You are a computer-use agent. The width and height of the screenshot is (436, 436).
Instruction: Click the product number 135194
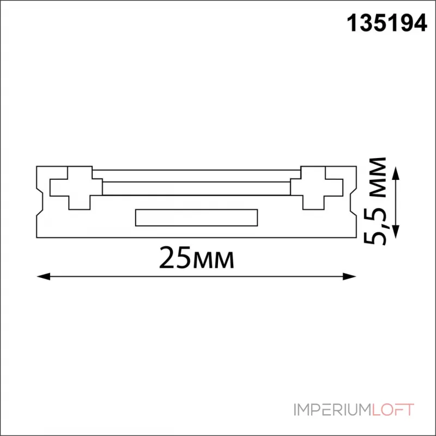click(387, 23)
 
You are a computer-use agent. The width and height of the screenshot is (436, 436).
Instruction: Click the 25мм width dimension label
click(197, 258)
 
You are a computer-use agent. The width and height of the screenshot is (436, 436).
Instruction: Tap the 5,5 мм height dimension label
click(375, 201)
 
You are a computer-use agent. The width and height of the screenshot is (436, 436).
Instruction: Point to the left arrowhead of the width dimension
click(44, 276)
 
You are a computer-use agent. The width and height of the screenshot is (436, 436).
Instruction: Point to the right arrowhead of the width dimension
click(349, 276)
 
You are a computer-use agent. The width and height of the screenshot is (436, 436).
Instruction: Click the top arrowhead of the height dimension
click(396, 173)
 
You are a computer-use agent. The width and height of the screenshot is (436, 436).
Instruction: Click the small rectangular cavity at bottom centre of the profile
click(196, 217)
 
